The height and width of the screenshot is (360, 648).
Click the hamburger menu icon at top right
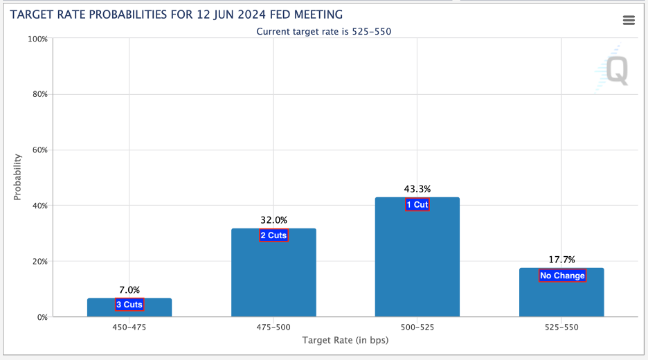(629, 20)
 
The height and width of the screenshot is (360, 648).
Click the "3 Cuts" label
(129, 305)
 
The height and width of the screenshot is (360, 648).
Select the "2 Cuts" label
(273, 235)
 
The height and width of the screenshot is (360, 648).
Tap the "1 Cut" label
(417, 204)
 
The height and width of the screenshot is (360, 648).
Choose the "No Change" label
(562, 276)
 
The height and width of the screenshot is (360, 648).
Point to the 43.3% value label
(417, 188)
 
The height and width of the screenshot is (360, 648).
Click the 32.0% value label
(273, 220)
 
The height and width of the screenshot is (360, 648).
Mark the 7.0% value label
(129, 290)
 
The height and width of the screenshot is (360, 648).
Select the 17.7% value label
(561, 260)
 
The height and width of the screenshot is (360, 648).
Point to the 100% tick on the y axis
(37, 39)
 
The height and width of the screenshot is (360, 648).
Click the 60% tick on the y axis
(39, 150)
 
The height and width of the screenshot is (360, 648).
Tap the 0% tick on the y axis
(41, 317)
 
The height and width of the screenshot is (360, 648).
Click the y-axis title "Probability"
(18, 177)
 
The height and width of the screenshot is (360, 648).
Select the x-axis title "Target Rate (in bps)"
(345, 341)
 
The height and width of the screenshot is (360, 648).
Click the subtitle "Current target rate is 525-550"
(324, 31)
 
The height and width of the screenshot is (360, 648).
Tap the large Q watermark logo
(615, 70)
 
